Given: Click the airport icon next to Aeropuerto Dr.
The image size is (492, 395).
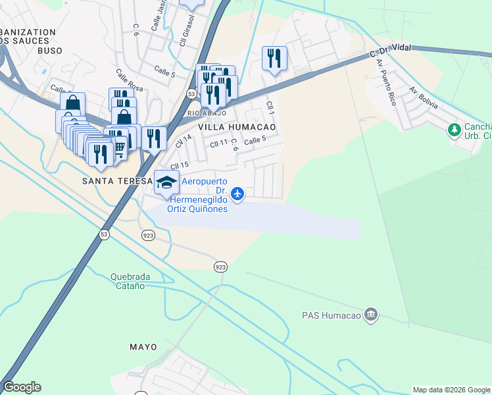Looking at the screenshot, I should click(238, 194).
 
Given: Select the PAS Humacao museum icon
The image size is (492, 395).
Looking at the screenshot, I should click(370, 314).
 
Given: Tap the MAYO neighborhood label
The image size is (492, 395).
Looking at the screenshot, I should click(143, 347).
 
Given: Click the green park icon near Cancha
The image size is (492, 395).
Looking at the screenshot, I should click(454, 130).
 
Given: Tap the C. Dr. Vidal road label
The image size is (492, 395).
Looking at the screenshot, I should click(391, 50).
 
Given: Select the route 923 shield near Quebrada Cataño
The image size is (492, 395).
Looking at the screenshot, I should click(220, 266).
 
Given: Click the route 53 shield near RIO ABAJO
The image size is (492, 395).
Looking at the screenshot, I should click(191, 95).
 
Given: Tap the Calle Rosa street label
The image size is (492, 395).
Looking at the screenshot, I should click(129, 80).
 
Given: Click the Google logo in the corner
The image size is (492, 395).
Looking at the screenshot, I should click(22, 387).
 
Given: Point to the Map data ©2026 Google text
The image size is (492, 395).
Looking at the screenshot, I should click(451, 390).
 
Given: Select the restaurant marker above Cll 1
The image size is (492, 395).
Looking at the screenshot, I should click(274, 58).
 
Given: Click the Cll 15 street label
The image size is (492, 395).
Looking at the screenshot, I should click(180, 165).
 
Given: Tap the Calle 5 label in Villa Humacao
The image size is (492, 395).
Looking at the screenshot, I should click(255, 140).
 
